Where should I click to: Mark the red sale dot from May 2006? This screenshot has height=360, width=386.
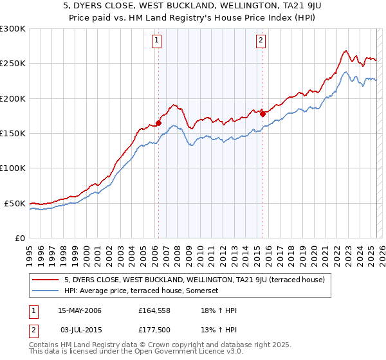158,123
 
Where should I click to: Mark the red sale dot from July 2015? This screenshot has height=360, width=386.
262,114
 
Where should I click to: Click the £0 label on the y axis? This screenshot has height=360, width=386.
20,238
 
